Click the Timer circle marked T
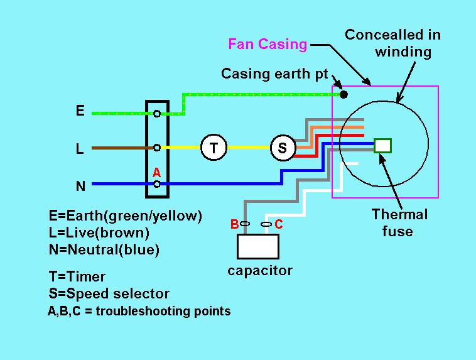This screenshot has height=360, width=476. click(214, 148)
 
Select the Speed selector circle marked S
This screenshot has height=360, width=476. click(283, 148)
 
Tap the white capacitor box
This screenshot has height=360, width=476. click(257, 246)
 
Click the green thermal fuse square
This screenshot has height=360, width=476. click(382, 145)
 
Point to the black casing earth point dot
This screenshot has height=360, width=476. click(343, 95)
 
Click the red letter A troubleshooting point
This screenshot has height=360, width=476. click(156, 172)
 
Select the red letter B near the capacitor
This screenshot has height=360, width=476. click(234, 224)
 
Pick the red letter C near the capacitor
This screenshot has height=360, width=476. click(278, 224)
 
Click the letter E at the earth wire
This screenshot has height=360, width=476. click(80, 111)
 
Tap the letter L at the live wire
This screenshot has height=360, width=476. click(80, 149)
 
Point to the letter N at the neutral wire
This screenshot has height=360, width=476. click(80, 186)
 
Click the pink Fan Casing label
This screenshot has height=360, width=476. click(268, 44)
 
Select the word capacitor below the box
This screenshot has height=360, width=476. click(260, 271)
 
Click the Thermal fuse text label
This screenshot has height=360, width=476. click(399, 222)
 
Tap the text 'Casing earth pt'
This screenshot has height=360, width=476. click(274, 74)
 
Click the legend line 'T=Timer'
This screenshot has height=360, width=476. click(77, 276)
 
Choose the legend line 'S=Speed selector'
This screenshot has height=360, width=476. click(109, 293)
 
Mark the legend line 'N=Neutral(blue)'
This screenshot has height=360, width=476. click(104, 249)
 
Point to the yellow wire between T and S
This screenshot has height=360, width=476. click(248, 148)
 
